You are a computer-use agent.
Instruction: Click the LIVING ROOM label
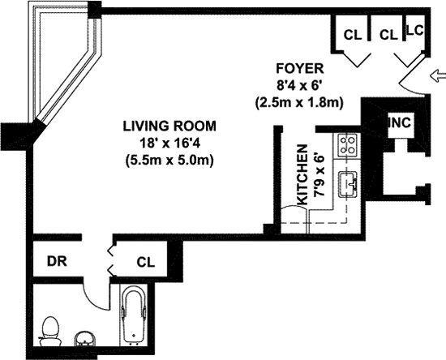[x=169, y=126]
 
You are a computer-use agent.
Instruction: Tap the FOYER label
[x=300, y=69]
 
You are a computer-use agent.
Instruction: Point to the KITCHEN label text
[x=302, y=174]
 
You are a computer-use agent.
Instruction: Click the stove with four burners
[x=347, y=145]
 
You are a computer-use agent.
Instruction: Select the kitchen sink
[x=348, y=184]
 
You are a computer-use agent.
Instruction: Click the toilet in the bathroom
[x=50, y=332]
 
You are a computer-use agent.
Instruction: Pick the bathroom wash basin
[x=85, y=338]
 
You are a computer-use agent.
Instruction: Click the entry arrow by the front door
[x=438, y=76]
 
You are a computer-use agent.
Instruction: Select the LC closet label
[x=415, y=30]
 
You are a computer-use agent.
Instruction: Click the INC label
[x=400, y=122]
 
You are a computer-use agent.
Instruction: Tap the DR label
[x=57, y=262]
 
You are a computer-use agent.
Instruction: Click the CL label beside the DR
[x=146, y=262]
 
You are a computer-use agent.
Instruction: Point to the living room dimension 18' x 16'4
[x=169, y=144]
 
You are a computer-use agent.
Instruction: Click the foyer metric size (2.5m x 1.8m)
[x=299, y=102]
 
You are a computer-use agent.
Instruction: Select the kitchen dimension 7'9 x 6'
[x=319, y=175]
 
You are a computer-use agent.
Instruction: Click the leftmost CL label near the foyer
[x=353, y=35]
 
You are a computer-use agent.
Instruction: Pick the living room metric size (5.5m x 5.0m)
[x=169, y=161]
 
